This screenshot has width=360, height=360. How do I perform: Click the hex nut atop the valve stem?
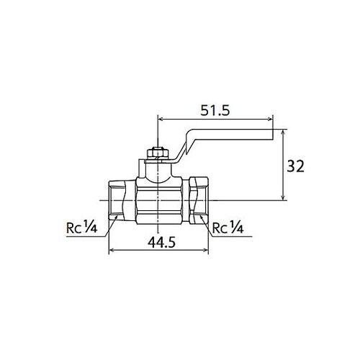pos(157,153)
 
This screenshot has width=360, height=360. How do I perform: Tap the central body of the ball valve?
pos(158,198)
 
